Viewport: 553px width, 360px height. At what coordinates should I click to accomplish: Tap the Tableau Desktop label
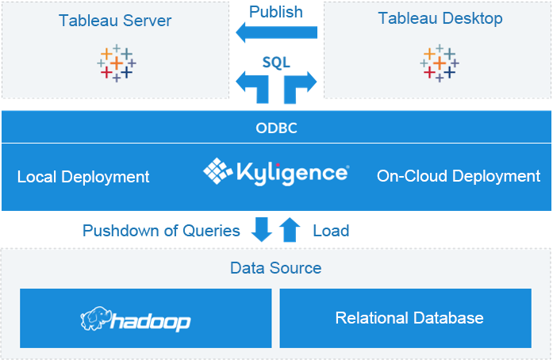[x=440, y=18]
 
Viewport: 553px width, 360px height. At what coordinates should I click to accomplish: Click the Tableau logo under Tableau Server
[x=116, y=63]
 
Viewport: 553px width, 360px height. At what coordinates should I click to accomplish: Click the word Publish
[x=275, y=12]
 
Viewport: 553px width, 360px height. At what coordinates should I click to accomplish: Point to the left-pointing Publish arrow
[x=277, y=33]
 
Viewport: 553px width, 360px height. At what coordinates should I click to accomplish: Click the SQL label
[x=276, y=61]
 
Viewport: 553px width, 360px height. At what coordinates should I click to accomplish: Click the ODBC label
[x=276, y=128]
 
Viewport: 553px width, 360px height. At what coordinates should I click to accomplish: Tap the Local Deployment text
[x=83, y=177]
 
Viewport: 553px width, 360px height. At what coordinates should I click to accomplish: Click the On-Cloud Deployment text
[x=459, y=176]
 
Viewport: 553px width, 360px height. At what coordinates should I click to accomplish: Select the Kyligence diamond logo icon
[x=217, y=170]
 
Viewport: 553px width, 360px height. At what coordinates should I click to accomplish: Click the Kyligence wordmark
[x=291, y=172]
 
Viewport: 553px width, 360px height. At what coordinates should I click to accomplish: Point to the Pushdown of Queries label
[x=161, y=231]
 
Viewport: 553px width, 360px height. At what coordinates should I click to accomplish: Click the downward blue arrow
[x=263, y=229]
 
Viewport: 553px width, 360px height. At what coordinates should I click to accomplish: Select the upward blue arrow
[x=290, y=229]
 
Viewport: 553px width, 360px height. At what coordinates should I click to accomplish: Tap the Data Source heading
[x=276, y=268]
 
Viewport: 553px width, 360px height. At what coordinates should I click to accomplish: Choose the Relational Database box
[x=405, y=318]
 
